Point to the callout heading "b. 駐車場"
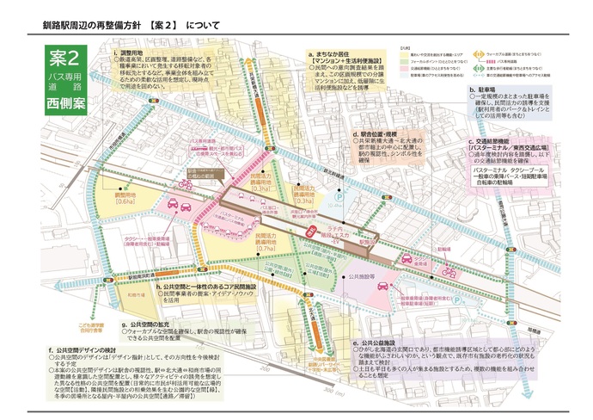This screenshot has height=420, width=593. pyautogui.click(x=486, y=89)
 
